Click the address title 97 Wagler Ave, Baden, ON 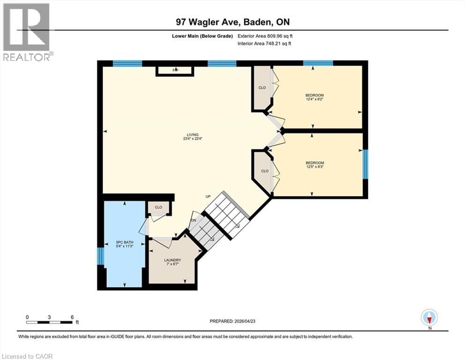[x=232, y=22]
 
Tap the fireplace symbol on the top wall [x=175, y=70]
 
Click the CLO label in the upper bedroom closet [x=262, y=87]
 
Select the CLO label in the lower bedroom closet [x=265, y=171]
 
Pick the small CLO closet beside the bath [x=158, y=207]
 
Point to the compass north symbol [x=429, y=318]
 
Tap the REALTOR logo [x=27, y=32]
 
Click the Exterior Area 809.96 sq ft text [x=266, y=36]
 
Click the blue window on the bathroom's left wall [x=100, y=255]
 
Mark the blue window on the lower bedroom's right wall [x=365, y=164]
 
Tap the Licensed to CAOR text [x=27, y=356]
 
